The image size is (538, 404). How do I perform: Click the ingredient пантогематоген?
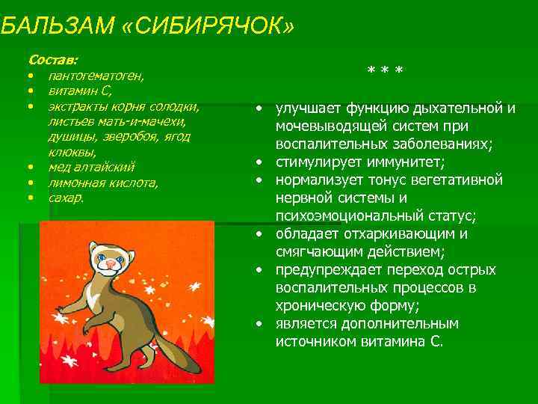[x=96, y=76]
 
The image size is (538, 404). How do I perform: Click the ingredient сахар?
[x=67, y=198]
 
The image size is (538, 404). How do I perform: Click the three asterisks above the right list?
[x=385, y=71]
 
